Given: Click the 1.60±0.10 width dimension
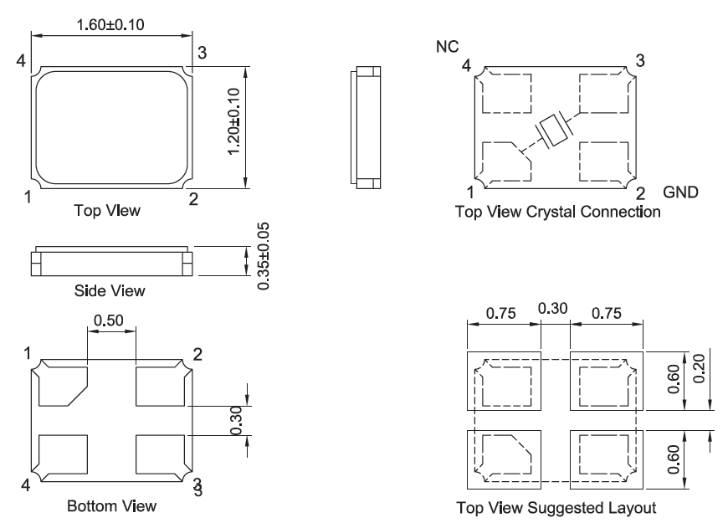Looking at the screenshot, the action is tap(110, 24).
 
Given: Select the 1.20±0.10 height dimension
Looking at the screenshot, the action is tap(234, 121).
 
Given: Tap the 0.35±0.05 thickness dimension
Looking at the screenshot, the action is tap(264, 256).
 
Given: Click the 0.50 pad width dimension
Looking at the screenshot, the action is tap(109, 320).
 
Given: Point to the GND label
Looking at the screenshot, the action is tap(680, 192).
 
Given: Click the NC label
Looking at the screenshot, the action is tap(447, 46).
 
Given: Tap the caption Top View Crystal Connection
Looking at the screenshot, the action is tap(557, 212).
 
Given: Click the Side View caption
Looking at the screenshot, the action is tap(110, 290).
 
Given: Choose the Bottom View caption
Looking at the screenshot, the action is tap(111, 505).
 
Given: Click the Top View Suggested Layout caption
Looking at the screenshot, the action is tap(556, 508).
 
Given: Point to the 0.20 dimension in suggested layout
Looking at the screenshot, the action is tap(699, 369).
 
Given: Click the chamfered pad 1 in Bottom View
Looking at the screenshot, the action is tap(63, 387).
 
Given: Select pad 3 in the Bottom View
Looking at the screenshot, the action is tap(160, 454).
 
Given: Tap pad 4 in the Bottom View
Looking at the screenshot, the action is tap(63, 454).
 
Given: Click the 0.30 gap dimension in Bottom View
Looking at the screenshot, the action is tap(236, 421).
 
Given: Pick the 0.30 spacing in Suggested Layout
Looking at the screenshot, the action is tap(552, 308).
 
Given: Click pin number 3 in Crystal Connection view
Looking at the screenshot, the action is tap(640, 61).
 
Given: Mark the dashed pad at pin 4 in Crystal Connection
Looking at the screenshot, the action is tap(506, 94).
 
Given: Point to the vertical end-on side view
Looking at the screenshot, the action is tap(366, 128).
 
